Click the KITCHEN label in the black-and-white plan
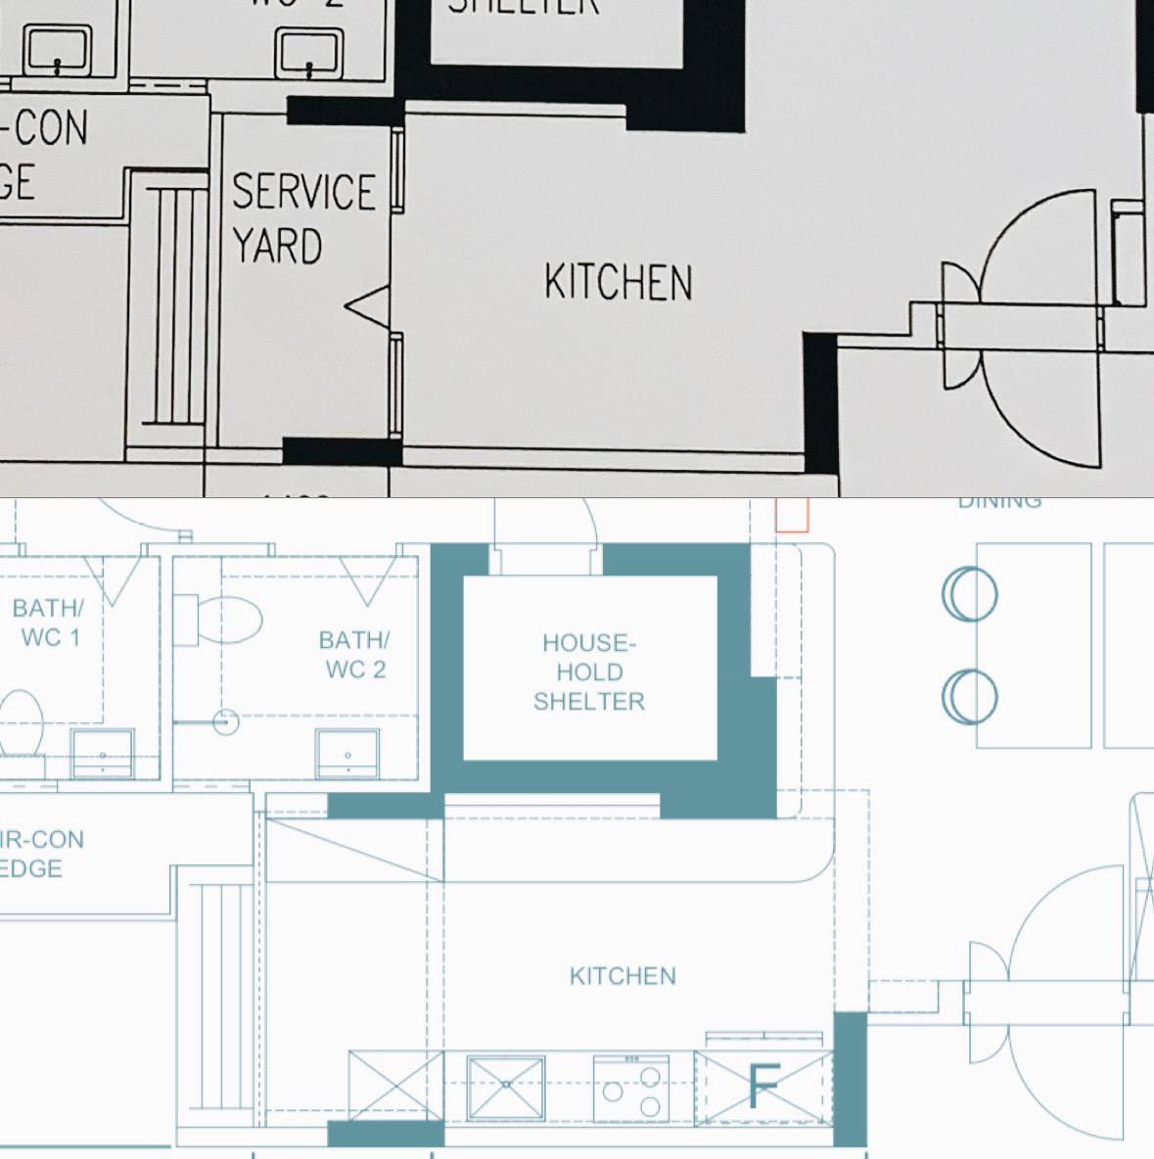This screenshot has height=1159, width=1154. (618, 282)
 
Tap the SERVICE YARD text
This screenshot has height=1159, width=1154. (302, 218)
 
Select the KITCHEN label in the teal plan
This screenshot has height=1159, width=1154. (623, 976)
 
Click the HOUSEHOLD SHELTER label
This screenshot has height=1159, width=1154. (589, 672)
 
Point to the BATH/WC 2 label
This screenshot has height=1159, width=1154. (354, 655)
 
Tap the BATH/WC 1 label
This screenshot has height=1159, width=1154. (48, 623)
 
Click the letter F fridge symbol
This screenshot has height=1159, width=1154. (763, 1088)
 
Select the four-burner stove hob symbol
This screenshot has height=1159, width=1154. (631, 1087)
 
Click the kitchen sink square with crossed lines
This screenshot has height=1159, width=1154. (506, 1087)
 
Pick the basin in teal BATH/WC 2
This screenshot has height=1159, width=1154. (347, 753)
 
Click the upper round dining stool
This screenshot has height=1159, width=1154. (970, 594)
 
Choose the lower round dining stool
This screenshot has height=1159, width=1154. (970, 696)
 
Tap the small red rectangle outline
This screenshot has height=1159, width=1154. (792, 515)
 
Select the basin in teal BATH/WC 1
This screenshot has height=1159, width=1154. (102, 753)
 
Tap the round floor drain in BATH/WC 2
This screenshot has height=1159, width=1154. (226, 721)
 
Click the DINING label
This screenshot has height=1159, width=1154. (999, 502)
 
